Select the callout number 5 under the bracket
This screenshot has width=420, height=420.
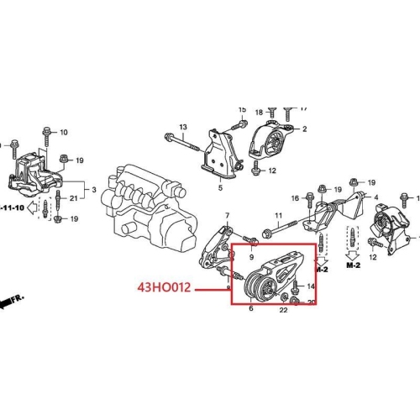[222, 188]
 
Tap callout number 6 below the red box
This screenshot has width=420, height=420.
[250, 310]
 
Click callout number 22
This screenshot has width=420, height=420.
[283, 312]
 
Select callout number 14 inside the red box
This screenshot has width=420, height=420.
[312, 287]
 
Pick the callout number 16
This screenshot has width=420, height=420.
[295, 198]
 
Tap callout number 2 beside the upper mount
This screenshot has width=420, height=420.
[304, 129]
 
